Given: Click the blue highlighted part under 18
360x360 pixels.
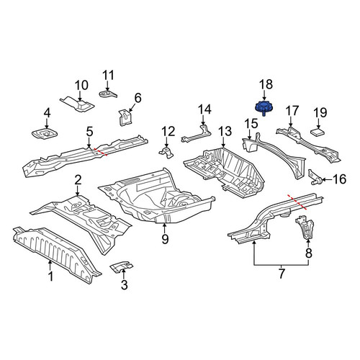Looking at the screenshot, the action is point(263,108).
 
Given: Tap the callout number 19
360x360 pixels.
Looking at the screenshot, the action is point(320,112).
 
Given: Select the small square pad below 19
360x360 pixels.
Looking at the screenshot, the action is point(318,132).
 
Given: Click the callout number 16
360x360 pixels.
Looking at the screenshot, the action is point(339,179).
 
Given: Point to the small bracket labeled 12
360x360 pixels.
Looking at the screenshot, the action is point(166,153).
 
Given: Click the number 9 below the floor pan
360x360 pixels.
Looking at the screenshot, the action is point(165,238).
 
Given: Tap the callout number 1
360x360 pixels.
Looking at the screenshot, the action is point(50,276).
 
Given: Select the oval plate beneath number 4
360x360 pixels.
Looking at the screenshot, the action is point(45,134).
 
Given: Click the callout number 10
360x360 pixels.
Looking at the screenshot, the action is point(81,86).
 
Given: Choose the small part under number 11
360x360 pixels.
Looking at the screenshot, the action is point(108,94).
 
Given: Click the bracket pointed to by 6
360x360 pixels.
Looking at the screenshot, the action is point(125,117).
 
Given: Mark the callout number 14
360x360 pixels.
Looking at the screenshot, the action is point(204,109).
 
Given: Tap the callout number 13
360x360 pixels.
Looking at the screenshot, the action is point(225,132).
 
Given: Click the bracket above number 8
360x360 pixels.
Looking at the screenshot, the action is point(305,228).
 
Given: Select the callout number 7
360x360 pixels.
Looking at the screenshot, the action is point(282,273).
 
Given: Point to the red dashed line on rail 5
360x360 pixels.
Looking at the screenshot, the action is point(101,152).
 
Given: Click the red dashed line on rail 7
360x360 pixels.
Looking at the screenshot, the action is point(297,202).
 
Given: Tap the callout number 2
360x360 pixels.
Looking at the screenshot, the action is point(78,180).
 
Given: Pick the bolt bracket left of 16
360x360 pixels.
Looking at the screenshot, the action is point(315,178).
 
